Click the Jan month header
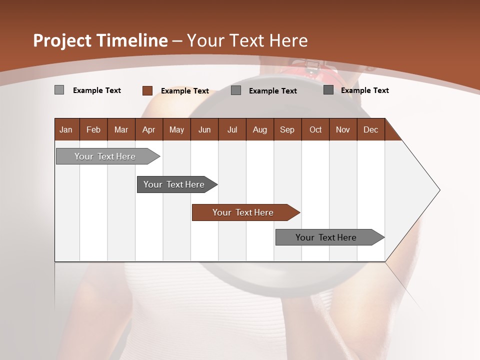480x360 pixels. click(x=66, y=129)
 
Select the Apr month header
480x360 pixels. click(x=149, y=129)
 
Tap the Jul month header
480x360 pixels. click(x=232, y=129)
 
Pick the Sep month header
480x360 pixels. click(x=287, y=129)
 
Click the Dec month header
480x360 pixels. click(x=370, y=129)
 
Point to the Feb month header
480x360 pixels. click(x=93, y=129)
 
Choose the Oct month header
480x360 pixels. click(x=315, y=129)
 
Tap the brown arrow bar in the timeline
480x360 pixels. click(x=243, y=212)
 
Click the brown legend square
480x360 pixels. click(x=147, y=90)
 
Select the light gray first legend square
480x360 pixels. click(x=59, y=90)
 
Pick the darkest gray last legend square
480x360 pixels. click(x=328, y=90)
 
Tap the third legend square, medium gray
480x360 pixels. click(x=236, y=90)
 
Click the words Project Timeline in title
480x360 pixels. click(x=100, y=40)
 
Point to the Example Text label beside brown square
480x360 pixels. click(x=184, y=91)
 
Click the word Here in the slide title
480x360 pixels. click(x=288, y=40)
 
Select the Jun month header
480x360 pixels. click(x=204, y=129)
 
